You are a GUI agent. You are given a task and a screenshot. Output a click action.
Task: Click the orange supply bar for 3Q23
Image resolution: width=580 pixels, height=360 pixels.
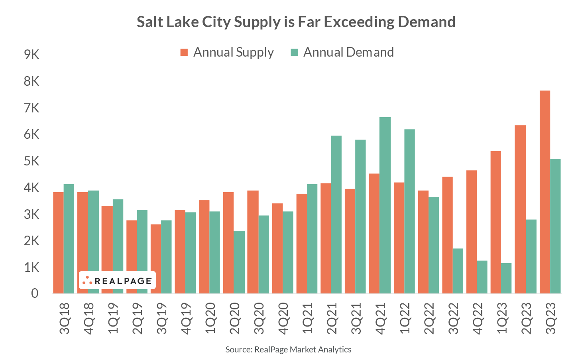[545, 192]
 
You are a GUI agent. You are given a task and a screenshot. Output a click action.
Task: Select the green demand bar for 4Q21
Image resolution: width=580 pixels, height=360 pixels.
[385, 205]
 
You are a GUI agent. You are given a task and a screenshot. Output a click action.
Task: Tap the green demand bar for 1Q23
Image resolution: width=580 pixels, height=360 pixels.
[506, 278]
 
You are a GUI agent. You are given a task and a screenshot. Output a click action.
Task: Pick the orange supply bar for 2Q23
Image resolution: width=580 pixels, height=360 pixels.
[520, 209]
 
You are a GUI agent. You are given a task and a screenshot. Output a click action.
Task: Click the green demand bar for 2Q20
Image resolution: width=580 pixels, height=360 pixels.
[239, 262]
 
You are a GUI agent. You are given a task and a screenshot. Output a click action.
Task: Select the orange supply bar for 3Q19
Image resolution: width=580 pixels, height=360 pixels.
[156, 258]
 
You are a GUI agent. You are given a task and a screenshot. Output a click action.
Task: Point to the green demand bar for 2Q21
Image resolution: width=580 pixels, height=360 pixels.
[336, 214]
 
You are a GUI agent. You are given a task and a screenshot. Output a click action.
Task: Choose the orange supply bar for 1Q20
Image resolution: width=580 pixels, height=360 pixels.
[204, 246]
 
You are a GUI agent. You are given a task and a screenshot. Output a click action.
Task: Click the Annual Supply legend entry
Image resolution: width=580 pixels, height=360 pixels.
[227, 52]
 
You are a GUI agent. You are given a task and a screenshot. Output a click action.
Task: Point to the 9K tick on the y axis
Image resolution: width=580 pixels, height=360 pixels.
[31, 55]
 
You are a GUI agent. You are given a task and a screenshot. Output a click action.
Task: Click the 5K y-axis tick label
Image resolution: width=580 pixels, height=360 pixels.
[31, 161]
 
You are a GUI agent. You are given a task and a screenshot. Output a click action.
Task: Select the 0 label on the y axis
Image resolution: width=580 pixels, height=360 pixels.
[35, 293]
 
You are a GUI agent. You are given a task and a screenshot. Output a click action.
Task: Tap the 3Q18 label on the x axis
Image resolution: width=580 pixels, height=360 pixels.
[64, 318]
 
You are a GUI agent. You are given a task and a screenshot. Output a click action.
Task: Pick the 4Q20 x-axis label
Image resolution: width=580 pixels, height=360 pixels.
[283, 318]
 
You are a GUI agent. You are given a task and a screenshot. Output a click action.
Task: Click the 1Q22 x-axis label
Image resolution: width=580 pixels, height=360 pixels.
[404, 318]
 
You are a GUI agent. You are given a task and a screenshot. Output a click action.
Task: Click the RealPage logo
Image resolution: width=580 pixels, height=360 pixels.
[117, 280]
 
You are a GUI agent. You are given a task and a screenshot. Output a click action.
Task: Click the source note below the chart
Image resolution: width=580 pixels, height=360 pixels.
[288, 350]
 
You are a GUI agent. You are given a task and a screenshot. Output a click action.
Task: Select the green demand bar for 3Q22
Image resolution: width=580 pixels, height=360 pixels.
[458, 271]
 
